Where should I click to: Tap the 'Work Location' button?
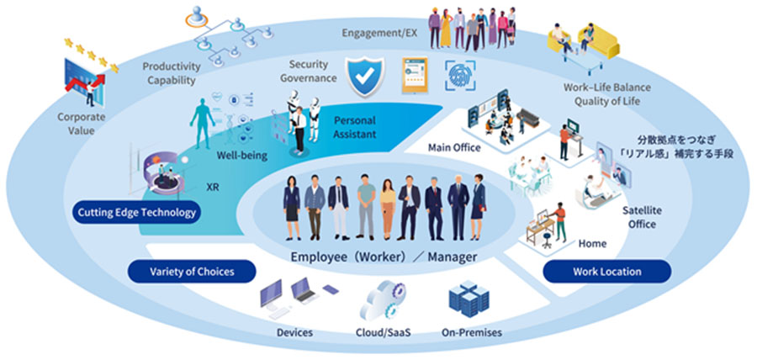607,271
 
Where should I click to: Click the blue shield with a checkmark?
365,74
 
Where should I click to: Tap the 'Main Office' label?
454,148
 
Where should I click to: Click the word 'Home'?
592,244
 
